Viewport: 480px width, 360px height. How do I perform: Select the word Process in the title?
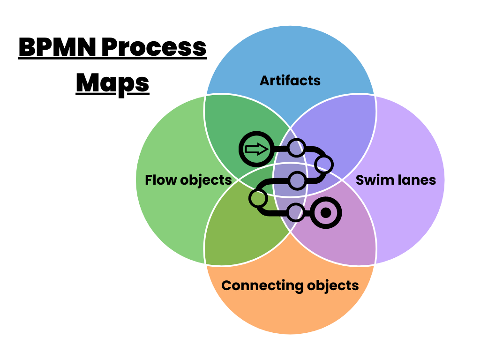158,48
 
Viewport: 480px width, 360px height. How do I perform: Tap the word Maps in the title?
112,83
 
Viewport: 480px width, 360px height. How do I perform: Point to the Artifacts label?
290,81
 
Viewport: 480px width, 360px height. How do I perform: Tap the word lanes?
416,180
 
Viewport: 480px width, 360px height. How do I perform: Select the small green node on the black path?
257,198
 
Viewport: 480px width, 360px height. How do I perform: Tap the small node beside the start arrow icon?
296,148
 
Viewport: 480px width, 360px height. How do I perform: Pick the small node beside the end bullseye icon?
295,213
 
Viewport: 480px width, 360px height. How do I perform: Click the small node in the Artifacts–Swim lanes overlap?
324,164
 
